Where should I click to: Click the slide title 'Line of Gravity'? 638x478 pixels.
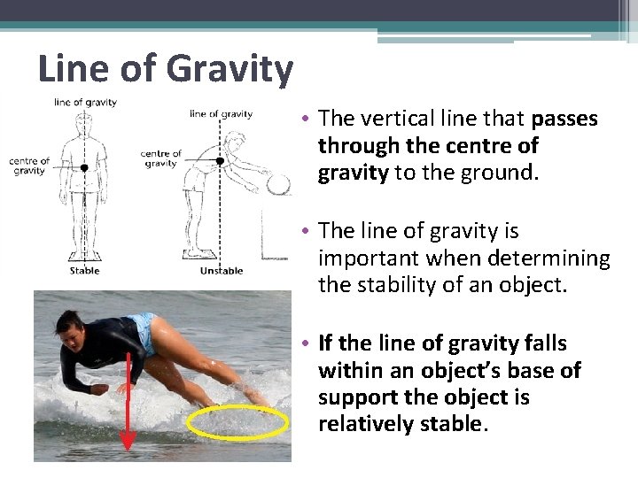pyautogui.click(x=165, y=68)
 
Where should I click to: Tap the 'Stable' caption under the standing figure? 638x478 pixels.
pyautogui.click(x=85, y=271)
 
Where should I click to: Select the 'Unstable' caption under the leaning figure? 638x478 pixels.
pyautogui.click(x=222, y=271)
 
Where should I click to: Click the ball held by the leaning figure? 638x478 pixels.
pyautogui.click(x=279, y=185)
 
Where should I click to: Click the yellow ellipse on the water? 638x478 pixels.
pyautogui.click(x=237, y=422)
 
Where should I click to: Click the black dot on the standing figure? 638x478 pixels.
pyautogui.click(x=84, y=166)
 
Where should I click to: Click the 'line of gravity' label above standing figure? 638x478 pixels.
pyautogui.click(x=86, y=103)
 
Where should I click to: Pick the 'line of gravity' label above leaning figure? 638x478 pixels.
pyautogui.click(x=222, y=114)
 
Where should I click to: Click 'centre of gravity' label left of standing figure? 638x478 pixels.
pyautogui.click(x=29, y=166)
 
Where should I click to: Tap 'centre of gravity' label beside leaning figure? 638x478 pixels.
pyautogui.click(x=160, y=158)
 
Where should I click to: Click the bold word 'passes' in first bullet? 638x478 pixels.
pyautogui.click(x=564, y=119)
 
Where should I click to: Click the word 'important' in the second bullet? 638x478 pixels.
pyautogui.click(x=363, y=258)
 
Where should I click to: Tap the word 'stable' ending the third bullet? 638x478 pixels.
pyautogui.click(x=453, y=424)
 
